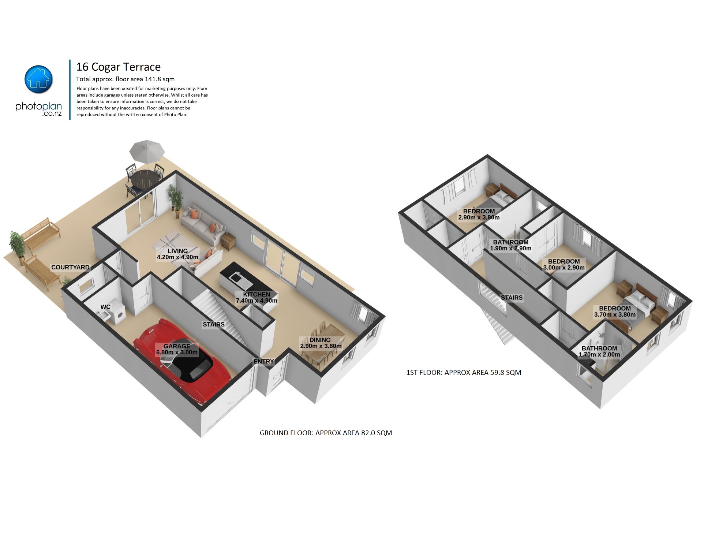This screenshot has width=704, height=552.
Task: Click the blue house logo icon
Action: tap(38, 79)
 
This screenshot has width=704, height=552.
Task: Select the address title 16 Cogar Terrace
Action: tap(119, 67)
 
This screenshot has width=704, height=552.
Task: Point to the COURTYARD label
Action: tap(70, 268)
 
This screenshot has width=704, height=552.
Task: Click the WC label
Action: tap(106, 307)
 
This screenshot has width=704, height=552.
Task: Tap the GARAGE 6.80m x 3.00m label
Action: tap(177, 350)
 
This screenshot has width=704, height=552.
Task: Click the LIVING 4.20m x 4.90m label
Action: tap(177, 254)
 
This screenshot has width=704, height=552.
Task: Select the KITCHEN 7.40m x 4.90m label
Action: tap(256, 298)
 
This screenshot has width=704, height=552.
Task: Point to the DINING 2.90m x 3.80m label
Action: tap(321, 343)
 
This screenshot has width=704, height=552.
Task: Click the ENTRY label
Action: tap(264, 362)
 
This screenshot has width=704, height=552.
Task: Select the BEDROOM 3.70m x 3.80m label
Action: tap(615, 312)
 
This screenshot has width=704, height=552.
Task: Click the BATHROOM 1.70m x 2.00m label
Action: tap(599, 351)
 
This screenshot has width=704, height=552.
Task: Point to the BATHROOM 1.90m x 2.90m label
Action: tap(511, 245)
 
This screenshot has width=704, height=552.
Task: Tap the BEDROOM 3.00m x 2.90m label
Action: tap(564, 265)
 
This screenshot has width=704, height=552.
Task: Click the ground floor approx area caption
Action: tap(326, 433)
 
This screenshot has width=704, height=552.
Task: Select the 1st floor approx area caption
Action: tap(464, 373)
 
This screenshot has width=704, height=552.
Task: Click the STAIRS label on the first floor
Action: tap(512, 298)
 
